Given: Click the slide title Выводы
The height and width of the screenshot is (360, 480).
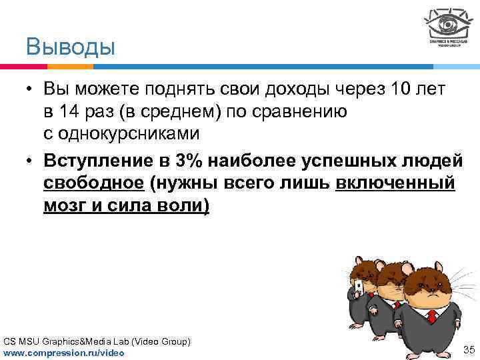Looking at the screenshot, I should (x=70, y=47).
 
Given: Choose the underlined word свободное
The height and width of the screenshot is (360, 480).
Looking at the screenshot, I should (x=93, y=183).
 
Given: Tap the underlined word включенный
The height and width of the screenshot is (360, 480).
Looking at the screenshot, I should (x=396, y=183).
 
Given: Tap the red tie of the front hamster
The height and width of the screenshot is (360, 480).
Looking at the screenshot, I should (x=433, y=317).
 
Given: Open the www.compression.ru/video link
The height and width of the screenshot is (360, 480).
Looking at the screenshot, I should (x=64, y=351).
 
